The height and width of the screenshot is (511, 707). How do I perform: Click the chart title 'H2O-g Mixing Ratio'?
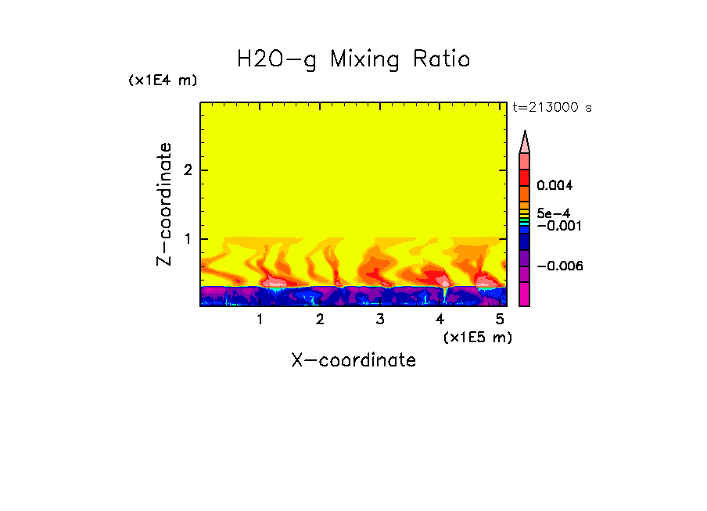click(353, 59)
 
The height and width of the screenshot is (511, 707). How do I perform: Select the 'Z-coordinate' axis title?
click(164, 204)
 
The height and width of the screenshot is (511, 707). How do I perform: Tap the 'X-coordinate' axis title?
click(353, 360)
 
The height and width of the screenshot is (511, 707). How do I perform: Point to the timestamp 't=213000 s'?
click(551, 108)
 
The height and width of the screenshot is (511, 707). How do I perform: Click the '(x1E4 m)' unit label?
click(163, 80)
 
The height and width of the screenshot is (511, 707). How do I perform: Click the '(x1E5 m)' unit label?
click(477, 337)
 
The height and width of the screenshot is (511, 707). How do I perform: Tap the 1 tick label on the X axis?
click(260, 320)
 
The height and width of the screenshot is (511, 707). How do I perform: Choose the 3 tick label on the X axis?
click(379, 320)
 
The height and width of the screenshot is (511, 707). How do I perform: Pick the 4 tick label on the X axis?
click(440, 320)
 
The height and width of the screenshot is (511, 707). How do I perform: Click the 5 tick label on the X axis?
click(500, 320)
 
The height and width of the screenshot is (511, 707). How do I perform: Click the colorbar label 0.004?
click(555, 186)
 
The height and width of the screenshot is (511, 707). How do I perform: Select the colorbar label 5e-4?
click(553, 213)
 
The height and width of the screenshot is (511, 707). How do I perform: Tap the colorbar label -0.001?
click(558, 226)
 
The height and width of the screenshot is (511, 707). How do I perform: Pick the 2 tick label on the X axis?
click(320, 320)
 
